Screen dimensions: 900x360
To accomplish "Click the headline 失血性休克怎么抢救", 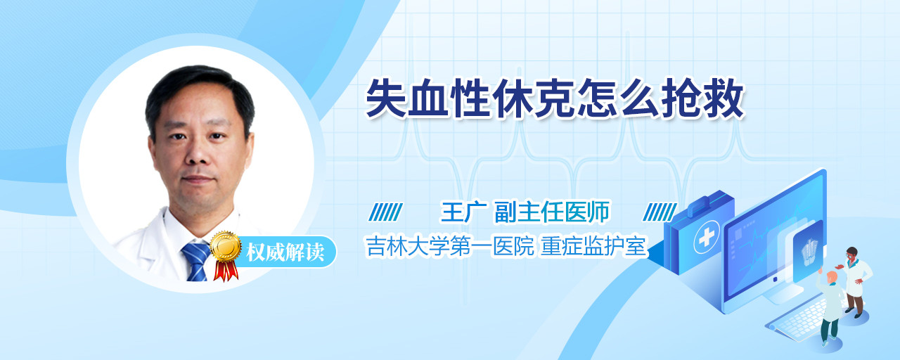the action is pos(555,98).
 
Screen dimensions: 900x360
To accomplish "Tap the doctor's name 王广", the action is pos(464,212).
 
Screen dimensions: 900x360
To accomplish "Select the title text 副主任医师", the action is pos(552,212).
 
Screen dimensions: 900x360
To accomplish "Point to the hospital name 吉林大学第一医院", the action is pos(450,246).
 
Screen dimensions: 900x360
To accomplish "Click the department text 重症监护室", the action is pos(593,246).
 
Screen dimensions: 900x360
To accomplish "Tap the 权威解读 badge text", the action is pos(285,252).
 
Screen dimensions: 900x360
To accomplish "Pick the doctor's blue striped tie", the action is pos(196,261).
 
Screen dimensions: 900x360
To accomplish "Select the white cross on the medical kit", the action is pos(706,238).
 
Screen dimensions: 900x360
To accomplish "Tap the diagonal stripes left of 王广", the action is pos(386,212).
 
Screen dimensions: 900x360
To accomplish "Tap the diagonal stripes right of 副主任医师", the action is pos(660,212).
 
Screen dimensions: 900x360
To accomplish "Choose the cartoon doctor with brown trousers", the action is pos(856,281).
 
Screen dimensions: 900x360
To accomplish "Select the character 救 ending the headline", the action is pos(725,98).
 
